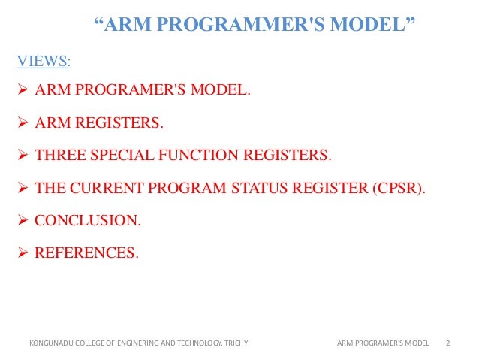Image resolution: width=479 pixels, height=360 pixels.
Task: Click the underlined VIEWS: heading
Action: coord(44,59)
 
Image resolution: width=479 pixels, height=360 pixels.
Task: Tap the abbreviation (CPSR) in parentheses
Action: coord(397,188)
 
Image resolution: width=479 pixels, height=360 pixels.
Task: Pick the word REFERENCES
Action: coord(86,253)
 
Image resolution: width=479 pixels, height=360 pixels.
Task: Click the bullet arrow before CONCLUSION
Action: coord(23,220)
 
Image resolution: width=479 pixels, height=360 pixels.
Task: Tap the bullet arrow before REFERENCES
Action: coord(23,253)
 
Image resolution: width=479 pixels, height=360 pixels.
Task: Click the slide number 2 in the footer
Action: coord(447,343)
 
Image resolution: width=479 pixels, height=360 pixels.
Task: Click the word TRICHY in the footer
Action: coord(235,343)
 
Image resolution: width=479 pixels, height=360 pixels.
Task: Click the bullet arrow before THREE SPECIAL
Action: coord(23,156)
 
